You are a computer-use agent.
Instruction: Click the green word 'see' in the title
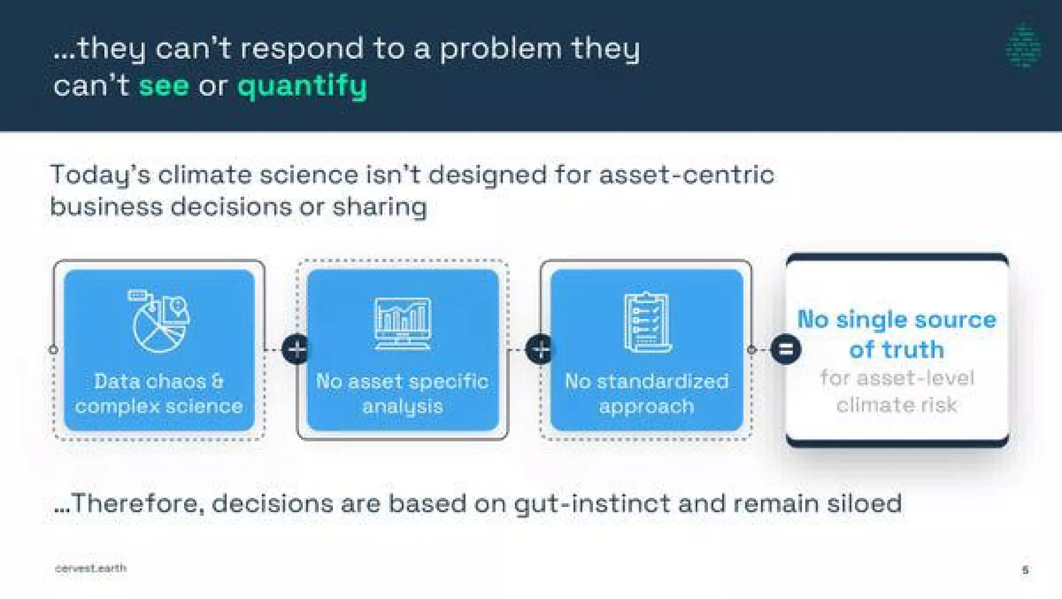click(x=164, y=86)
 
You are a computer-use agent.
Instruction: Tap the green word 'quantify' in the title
click(x=302, y=87)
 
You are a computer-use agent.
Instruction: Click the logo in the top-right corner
click(x=1023, y=45)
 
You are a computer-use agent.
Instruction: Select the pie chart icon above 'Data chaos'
click(x=159, y=322)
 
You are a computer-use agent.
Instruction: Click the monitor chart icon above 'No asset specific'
click(x=402, y=323)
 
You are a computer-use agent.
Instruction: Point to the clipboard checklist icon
click(x=646, y=323)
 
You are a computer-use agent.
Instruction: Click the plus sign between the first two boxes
click(x=296, y=349)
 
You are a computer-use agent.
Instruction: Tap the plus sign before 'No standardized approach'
click(x=540, y=349)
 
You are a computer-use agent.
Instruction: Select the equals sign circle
click(x=786, y=349)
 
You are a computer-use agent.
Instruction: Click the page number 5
click(x=1025, y=570)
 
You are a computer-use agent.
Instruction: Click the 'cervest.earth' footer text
click(x=91, y=568)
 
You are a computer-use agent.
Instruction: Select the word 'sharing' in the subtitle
click(x=380, y=208)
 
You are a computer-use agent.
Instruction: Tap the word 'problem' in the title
click(x=501, y=49)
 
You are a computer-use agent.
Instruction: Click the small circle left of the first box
click(x=53, y=350)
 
